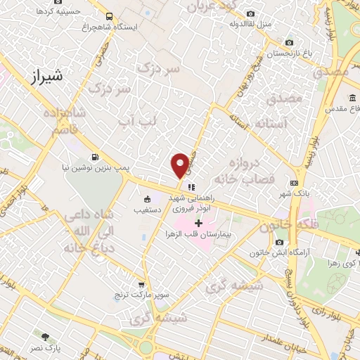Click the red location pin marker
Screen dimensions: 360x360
point(180,165)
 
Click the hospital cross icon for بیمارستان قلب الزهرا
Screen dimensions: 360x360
point(198,222)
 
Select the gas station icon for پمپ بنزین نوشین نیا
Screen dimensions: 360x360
point(95,157)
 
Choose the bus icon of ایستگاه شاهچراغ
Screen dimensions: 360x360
point(108,15)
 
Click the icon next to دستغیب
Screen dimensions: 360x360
point(147,199)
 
